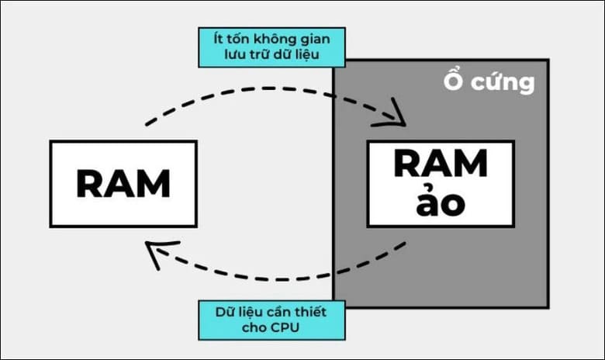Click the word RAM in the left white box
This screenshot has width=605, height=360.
123,184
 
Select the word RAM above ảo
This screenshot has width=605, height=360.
441,164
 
